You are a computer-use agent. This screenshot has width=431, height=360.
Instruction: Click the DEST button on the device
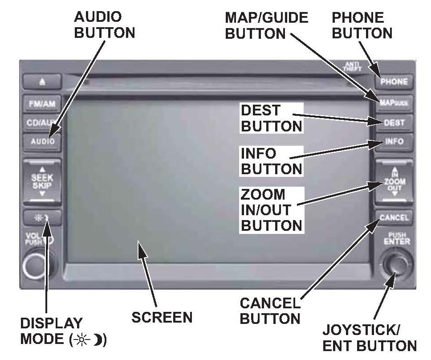(x=394, y=123)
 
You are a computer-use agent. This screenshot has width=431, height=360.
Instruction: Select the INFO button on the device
(x=394, y=142)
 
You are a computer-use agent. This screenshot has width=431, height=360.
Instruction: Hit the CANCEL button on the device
(x=394, y=217)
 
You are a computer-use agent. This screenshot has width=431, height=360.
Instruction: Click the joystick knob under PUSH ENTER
(x=394, y=266)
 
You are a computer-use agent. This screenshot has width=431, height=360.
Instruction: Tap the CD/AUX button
(x=41, y=123)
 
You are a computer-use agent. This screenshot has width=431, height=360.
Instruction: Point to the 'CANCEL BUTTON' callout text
(x=270, y=311)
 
